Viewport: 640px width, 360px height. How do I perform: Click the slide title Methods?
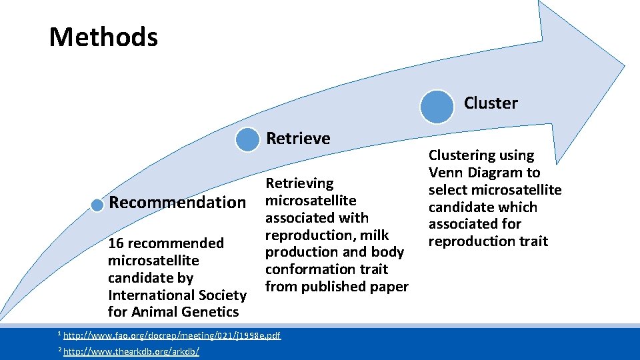[x=103, y=37]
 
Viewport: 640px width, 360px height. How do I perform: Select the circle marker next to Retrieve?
[x=248, y=139]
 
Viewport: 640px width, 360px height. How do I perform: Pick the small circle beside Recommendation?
[x=98, y=204]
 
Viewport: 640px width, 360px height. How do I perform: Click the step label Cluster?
[x=491, y=103]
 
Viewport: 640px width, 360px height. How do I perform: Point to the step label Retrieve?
[x=298, y=139]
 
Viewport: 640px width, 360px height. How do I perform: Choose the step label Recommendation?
[x=177, y=203]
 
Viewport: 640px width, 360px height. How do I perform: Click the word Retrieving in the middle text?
[x=299, y=183]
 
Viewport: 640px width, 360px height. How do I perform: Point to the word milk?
[x=375, y=235]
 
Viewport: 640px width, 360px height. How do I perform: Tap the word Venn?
[x=446, y=173]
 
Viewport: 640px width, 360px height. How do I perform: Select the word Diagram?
[x=495, y=173]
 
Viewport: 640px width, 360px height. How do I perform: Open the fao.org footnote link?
[x=171, y=335]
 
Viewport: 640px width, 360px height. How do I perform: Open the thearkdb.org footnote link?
[x=131, y=351]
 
